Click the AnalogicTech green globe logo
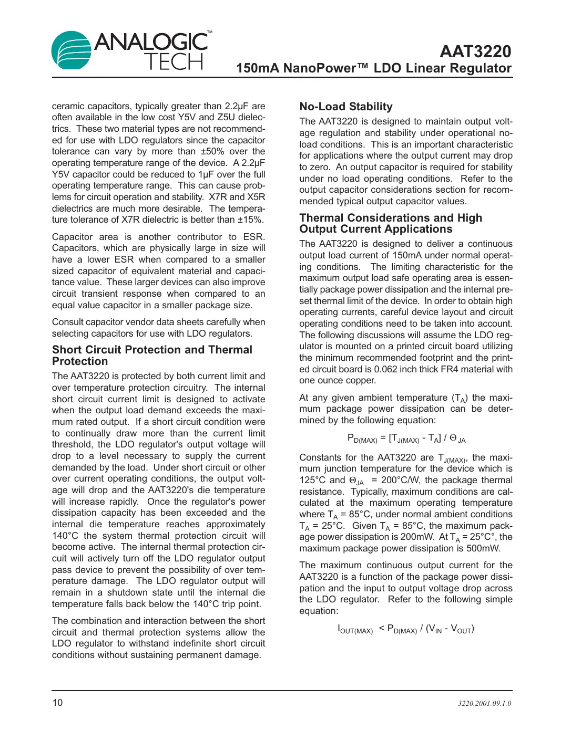(72, 50)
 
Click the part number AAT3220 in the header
(475, 51)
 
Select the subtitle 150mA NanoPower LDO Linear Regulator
(373, 68)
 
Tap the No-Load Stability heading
(345, 107)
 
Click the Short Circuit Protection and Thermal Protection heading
(152, 356)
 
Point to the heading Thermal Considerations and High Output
(390, 223)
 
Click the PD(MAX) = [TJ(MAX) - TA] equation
(406, 438)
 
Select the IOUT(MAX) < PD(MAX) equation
(405, 629)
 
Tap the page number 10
(57, 703)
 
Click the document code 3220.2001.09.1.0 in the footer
(484, 703)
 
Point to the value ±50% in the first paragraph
(212, 152)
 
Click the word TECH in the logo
(174, 62)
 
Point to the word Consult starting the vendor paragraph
(68, 322)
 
